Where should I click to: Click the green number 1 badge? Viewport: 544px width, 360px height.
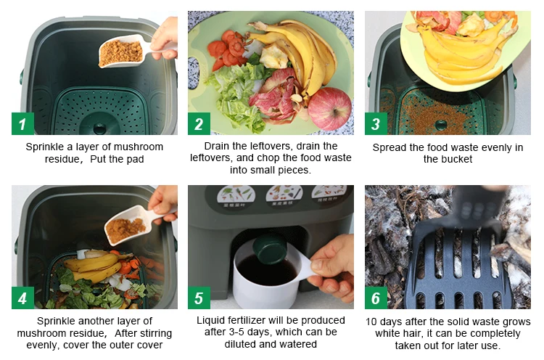tap(22, 123)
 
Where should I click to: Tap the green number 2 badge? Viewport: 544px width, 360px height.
tap(199, 123)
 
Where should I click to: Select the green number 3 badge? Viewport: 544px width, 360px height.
tap(376, 123)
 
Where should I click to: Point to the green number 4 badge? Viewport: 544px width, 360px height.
tap(22, 298)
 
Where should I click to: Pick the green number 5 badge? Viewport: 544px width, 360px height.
tap(199, 298)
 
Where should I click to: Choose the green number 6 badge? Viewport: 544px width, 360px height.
tap(376, 298)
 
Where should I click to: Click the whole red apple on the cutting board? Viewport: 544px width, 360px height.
tap(329, 109)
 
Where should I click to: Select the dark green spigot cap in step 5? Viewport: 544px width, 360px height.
tap(270, 249)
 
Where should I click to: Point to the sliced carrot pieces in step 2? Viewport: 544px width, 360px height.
tap(228, 51)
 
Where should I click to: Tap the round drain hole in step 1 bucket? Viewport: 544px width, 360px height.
tap(99, 128)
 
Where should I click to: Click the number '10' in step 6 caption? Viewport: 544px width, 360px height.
tap(371, 322)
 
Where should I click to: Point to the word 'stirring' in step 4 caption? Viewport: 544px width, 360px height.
tap(153, 334)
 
